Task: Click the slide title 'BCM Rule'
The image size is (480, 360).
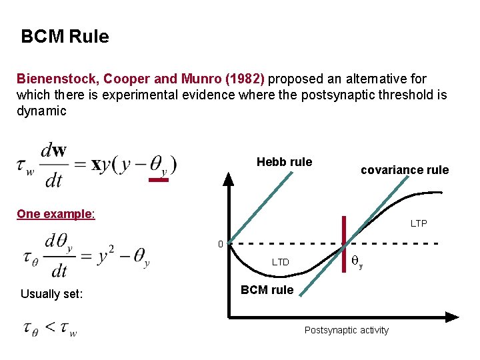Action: click(65, 37)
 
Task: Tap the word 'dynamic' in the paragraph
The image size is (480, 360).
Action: click(41, 111)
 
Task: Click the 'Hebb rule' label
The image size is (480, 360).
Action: click(284, 162)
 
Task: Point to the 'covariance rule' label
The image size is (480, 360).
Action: click(405, 170)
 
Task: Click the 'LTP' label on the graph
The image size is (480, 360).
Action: click(419, 223)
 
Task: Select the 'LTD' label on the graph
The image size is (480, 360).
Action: click(281, 262)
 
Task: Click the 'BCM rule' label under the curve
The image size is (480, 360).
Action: click(267, 290)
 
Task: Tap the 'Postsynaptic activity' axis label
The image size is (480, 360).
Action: click(346, 330)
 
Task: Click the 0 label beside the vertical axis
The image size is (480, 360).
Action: click(221, 245)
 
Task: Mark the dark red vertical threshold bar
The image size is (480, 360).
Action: click(345, 241)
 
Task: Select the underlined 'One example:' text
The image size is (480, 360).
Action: click(56, 214)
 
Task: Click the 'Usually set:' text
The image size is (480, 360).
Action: click(51, 293)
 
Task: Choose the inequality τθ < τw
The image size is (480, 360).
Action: click(50, 329)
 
